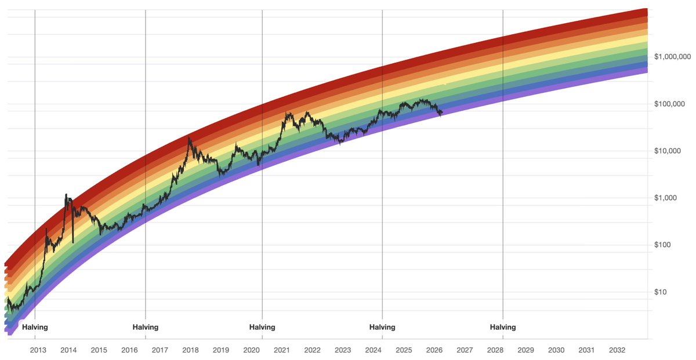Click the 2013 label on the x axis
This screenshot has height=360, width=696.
(38, 350)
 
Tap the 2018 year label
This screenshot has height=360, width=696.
(190, 350)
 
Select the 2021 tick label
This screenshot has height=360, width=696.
(282, 350)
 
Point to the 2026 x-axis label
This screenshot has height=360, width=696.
(434, 350)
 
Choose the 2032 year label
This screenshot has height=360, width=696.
(617, 350)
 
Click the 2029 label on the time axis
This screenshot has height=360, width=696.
(525, 350)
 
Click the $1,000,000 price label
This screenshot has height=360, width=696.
(672, 57)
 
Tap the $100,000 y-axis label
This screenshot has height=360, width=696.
(670, 104)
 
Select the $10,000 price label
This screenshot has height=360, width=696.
(668, 151)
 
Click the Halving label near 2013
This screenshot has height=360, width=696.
(35, 327)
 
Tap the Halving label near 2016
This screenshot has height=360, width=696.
(145, 327)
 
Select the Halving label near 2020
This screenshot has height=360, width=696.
(262, 327)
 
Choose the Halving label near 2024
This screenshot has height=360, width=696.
(382, 327)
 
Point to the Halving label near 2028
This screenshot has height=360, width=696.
(502, 327)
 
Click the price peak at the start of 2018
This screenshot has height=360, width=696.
(189, 138)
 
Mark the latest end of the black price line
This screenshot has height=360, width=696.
(442, 112)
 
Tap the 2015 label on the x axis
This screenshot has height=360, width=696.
(99, 350)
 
